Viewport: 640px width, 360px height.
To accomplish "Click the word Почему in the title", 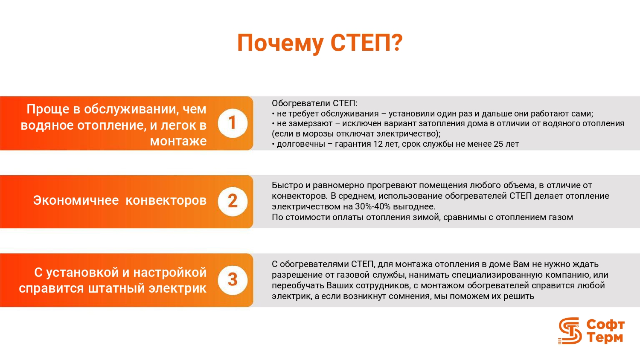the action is point(280,44).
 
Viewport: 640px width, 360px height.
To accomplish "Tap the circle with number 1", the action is point(233,123).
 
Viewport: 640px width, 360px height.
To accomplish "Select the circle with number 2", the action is point(233,201).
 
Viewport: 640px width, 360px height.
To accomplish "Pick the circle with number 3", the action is point(233,280).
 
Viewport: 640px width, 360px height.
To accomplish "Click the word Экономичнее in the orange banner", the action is point(76,200).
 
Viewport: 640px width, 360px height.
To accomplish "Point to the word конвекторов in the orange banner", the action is point(166,200).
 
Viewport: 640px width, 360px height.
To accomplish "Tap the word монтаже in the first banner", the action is point(178,141).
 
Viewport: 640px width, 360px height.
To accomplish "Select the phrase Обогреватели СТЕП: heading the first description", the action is point(314,103).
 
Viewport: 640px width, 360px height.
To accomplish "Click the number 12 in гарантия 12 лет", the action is point(378,144).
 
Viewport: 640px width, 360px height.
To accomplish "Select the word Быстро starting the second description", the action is point(287,186).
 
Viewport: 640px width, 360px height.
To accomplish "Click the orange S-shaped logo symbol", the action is point(570,331).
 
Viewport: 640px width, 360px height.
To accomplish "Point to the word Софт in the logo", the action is point(605,325).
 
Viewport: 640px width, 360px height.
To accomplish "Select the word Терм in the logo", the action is point(605,338).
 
